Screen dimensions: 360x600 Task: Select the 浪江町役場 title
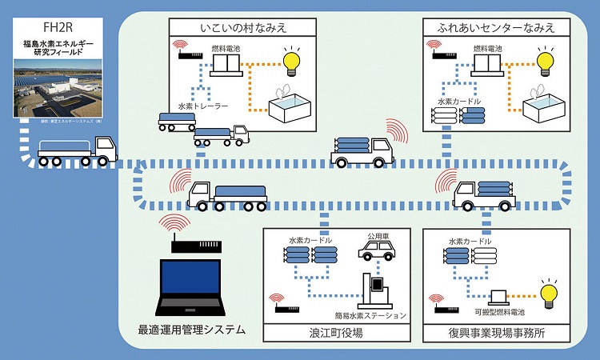341,332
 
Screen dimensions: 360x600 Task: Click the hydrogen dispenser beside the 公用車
375,289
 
